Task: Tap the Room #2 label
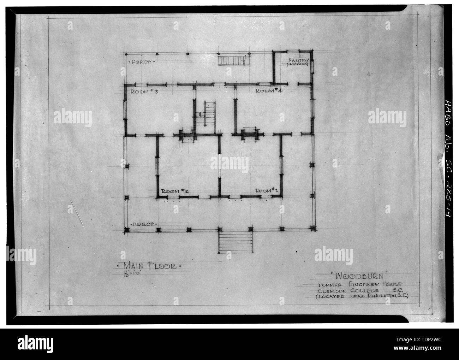[174, 191]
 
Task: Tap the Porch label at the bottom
[143, 224]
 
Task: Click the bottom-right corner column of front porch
[312, 229]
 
